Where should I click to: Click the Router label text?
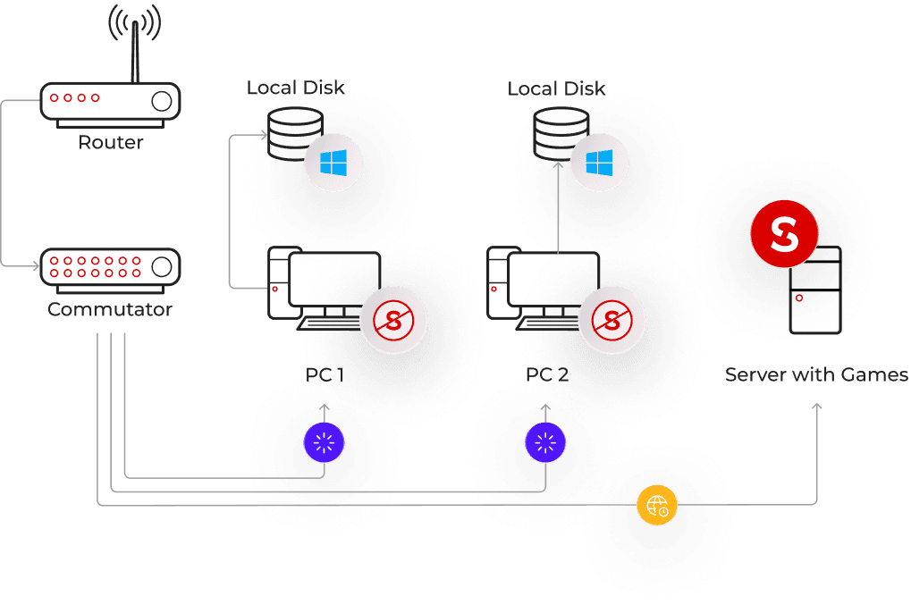[110, 142]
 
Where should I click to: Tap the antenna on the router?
[135, 52]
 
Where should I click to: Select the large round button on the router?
[162, 101]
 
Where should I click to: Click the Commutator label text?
[110, 309]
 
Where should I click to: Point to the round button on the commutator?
[162, 267]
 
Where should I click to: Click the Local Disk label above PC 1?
[295, 88]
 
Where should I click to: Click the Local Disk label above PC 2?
[556, 88]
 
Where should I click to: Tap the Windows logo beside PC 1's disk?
[333, 163]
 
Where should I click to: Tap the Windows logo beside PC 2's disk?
[599, 163]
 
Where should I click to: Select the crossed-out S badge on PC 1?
[393, 321]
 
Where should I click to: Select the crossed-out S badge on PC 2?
[612, 321]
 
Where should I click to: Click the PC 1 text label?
[325, 375]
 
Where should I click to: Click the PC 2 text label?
[547, 375]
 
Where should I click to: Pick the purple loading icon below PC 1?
[325, 443]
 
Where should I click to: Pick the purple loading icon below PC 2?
[545, 443]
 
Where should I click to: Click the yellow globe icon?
[657, 505]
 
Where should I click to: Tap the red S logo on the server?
[784, 234]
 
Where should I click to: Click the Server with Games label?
[817, 375]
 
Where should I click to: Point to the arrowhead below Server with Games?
[817, 407]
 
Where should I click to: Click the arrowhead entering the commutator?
[36, 266]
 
